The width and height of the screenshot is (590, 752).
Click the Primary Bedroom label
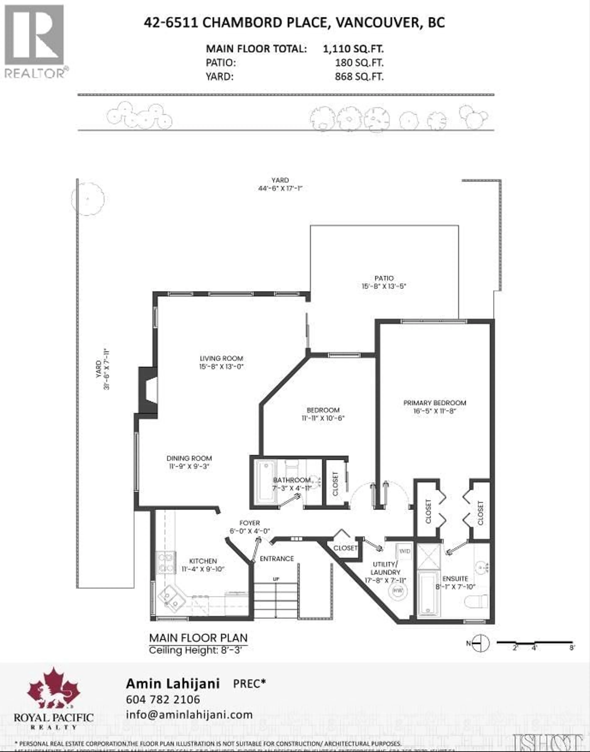[x=435, y=403]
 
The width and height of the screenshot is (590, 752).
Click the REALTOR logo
[x=35, y=41]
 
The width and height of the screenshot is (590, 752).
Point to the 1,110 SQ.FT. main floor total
[x=353, y=49]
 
